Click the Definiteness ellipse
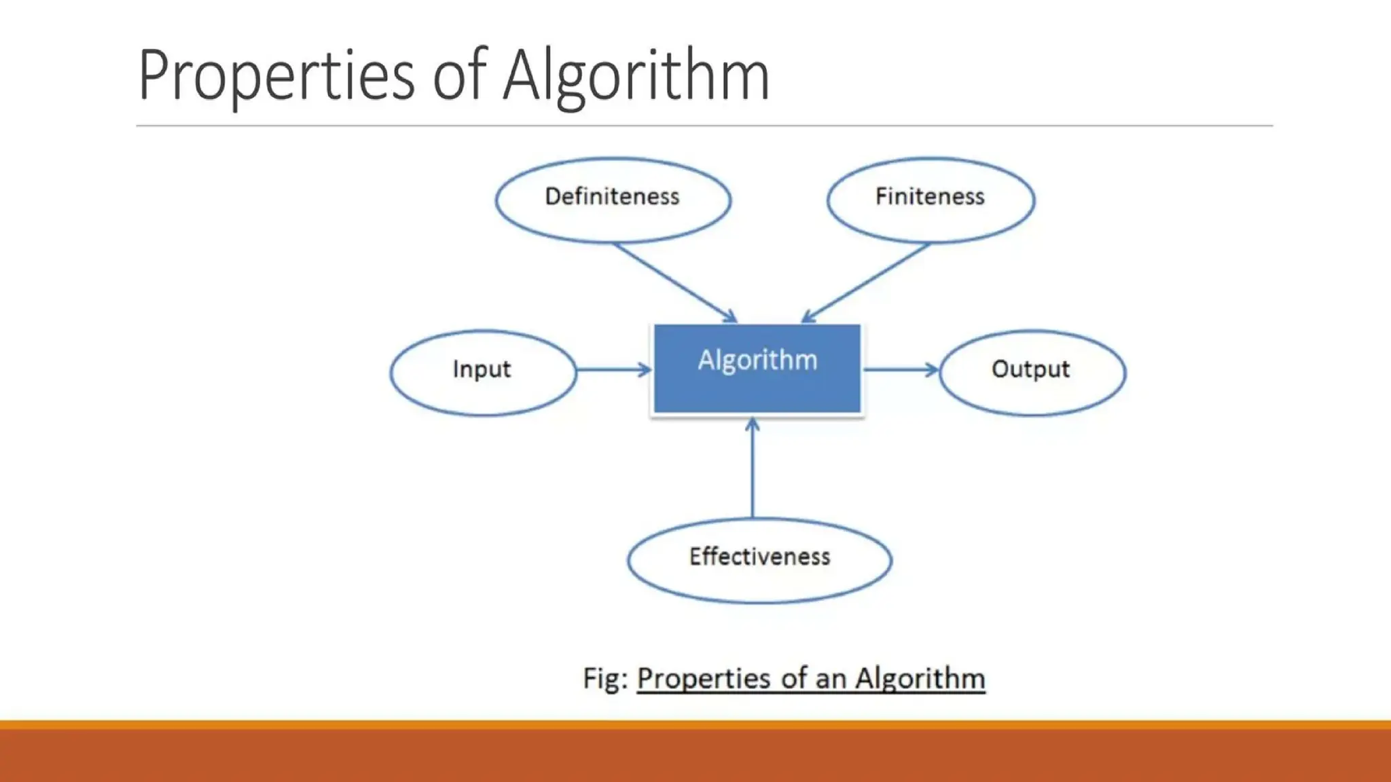(613, 200)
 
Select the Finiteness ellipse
(931, 200)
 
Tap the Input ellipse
(483, 372)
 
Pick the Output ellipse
(1032, 372)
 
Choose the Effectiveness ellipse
(759, 560)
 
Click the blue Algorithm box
(757, 369)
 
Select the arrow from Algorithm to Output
(900, 370)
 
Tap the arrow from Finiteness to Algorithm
(866, 282)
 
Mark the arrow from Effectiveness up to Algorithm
(752, 468)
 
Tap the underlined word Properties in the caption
(703, 678)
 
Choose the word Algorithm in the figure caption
(920, 678)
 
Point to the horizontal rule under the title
(704, 126)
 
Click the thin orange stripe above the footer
(695, 724)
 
